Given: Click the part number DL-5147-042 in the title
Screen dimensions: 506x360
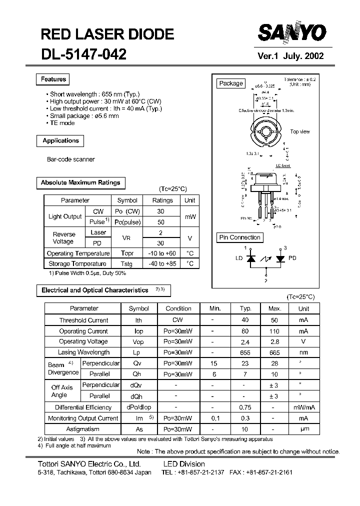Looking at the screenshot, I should [x=83, y=54].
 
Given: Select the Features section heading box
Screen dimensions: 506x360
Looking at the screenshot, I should [x=53, y=79].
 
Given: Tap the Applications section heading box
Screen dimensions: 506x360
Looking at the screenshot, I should [x=60, y=141].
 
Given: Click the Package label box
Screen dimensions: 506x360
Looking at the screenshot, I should [x=231, y=83].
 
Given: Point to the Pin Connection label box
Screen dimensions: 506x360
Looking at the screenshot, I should [x=240, y=237].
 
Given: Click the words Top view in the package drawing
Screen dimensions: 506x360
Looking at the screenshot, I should [x=300, y=132].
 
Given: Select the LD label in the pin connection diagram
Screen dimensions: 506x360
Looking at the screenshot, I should [x=239, y=258].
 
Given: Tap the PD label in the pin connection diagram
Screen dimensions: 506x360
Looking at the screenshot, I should [x=292, y=258].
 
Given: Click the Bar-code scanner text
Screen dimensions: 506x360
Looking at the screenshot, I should [x=70, y=159].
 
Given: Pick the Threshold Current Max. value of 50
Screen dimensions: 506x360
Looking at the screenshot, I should [x=274, y=320].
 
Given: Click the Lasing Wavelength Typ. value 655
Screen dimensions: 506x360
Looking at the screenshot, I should [x=245, y=352].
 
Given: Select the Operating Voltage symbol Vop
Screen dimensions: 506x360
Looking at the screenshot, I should [x=138, y=342].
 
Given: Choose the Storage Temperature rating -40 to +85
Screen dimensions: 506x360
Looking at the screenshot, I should [x=162, y=263].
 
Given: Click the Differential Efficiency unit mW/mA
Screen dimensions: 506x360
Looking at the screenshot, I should [x=303, y=407].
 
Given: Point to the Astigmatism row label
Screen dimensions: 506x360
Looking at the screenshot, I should [x=83, y=429].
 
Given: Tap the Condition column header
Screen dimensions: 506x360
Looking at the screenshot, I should [x=178, y=308].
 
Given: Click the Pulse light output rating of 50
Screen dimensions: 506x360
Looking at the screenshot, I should [x=161, y=221].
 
